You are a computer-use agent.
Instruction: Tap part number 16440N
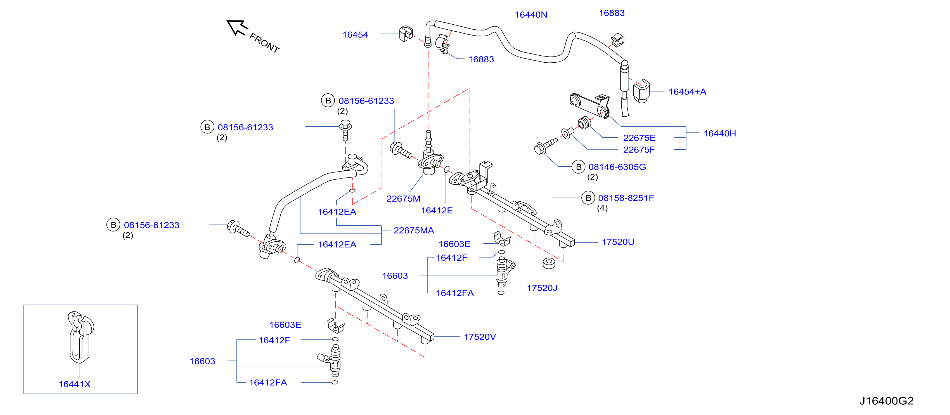[531, 15]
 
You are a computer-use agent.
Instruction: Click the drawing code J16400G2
[886, 401]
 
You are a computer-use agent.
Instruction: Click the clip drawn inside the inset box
[81, 337]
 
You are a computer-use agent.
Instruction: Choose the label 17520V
[480, 337]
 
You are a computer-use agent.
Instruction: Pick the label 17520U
[618, 242]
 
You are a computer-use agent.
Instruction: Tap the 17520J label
[542, 288]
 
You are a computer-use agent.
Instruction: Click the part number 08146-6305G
[617, 167]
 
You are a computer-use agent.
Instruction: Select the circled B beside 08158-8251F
[588, 198]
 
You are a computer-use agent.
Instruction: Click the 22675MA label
[414, 230]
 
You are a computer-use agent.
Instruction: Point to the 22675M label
[403, 199]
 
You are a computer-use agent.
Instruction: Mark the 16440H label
[719, 134]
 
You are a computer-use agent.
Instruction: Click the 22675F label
[639, 150]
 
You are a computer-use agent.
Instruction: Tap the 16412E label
[437, 211]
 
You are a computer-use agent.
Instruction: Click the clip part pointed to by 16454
[406, 34]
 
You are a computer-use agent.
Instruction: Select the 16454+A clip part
[641, 91]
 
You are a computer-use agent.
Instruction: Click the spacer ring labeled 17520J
[549, 263]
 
